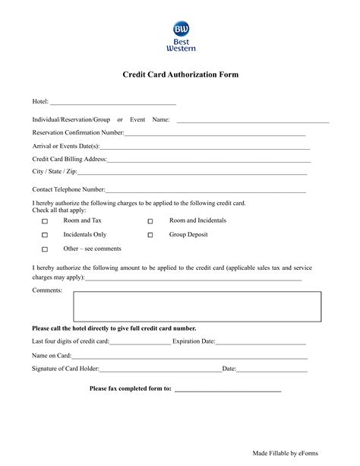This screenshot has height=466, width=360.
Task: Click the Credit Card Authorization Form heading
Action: pyautogui.click(x=180, y=75)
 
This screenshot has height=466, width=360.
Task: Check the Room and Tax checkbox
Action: pyautogui.click(x=45, y=221)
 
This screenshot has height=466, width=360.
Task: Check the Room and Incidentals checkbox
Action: pyautogui.click(x=150, y=221)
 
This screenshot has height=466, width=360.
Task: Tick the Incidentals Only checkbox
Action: pyautogui.click(x=45, y=236)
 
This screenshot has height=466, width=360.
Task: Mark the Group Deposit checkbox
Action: pyautogui.click(x=150, y=236)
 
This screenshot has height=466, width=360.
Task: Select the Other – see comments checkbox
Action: pyautogui.click(x=45, y=249)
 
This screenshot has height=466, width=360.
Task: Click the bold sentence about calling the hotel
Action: pyautogui.click(x=114, y=328)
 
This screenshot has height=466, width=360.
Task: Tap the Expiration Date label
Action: pyautogui.click(x=194, y=342)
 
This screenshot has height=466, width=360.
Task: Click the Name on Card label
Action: pyautogui.click(x=52, y=356)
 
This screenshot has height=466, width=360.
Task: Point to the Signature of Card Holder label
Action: pyautogui.click(x=65, y=369)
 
